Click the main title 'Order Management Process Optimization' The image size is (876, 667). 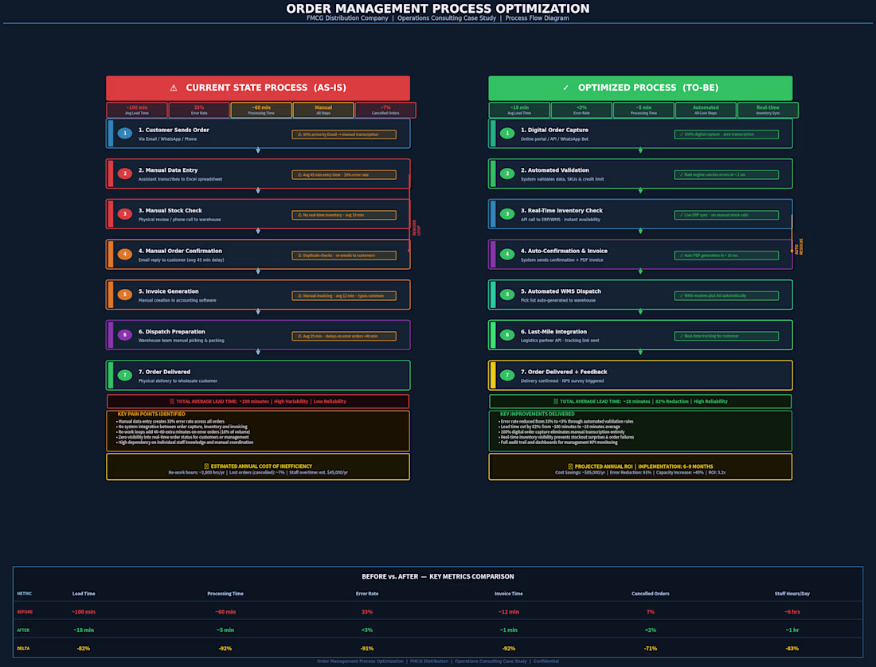pos(438,9)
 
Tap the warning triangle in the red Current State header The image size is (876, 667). pos(174,88)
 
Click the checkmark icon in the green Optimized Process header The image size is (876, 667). pos(565,88)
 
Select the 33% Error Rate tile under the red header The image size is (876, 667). pos(199,110)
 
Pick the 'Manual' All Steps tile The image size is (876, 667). pos(323,110)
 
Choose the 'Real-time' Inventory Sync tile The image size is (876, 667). pos(768,110)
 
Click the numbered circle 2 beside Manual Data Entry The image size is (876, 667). pos(124,174)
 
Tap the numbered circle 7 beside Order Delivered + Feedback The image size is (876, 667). pos(506,375)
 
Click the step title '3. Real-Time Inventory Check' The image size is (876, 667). pos(562,210)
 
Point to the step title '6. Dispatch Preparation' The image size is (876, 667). pos(172,331)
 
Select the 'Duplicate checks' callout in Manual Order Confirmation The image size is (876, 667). pos(344,255)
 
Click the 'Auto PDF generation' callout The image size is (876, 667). pos(726,255)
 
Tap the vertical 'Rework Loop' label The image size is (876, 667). pos(416,228)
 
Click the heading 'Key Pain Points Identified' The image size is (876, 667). pos(151,414)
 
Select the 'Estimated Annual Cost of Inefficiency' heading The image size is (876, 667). pos(258,466)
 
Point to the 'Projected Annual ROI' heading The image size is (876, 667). pos(640,466)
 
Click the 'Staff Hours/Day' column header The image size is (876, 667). pos(792,593)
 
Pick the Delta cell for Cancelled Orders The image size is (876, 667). pos(650,648)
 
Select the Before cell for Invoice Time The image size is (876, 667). pos(508,611)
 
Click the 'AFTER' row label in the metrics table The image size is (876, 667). pos(25,630)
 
